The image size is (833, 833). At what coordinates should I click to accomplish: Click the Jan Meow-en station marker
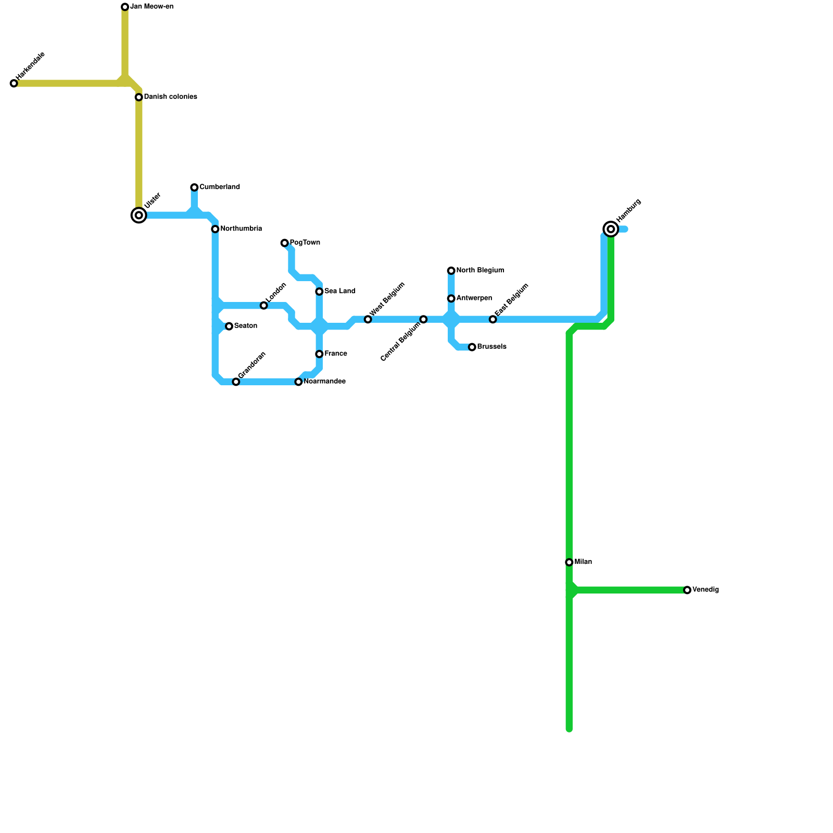125,7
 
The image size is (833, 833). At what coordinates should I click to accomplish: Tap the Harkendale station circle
14,83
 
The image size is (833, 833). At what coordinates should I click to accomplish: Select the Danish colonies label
170,97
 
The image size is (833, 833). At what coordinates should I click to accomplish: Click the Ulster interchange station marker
138,215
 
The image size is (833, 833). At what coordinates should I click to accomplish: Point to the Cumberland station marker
194,187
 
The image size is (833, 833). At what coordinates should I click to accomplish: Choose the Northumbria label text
241,229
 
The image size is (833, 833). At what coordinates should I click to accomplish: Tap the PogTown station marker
284,243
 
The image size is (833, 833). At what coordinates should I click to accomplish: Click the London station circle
264,306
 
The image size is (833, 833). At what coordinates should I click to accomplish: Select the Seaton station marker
229,326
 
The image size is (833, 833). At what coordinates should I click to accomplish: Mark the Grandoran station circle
236,382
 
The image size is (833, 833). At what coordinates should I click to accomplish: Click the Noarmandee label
324,382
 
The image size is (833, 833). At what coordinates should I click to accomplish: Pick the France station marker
319,354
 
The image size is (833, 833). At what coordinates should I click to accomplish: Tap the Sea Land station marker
319,292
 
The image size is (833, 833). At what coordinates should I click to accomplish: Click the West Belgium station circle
368,320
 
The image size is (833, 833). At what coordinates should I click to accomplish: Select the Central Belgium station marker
424,319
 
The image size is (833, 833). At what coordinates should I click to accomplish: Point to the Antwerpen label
474,298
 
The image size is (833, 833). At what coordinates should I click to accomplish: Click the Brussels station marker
472,347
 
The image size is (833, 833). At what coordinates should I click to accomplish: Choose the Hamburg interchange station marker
611,229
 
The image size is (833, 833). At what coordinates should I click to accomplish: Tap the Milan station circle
569,562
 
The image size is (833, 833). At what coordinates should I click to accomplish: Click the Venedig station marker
687,590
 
